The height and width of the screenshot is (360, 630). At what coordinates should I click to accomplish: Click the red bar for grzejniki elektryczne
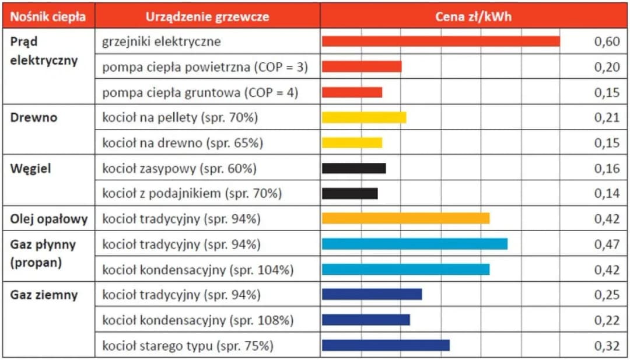(x=440, y=41)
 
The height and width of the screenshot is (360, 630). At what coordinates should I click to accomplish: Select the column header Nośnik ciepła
(x=48, y=16)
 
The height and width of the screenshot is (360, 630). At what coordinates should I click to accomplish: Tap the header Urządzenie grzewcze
(x=207, y=16)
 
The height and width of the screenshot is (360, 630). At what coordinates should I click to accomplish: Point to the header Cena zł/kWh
(x=473, y=16)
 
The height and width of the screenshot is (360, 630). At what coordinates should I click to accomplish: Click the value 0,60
(x=607, y=42)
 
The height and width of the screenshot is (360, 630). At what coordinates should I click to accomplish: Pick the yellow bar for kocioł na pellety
(x=364, y=117)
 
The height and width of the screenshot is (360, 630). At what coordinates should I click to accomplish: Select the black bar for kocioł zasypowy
(x=353, y=168)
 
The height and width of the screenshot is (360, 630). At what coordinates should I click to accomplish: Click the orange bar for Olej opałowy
(x=405, y=218)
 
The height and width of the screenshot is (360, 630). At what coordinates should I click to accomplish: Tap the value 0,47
(x=607, y=244)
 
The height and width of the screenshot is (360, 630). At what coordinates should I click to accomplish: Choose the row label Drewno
(x=34, y=117)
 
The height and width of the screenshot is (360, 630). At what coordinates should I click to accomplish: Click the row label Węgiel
(x=31, y=169)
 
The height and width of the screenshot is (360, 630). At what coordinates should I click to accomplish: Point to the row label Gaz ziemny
(x=44, y=295)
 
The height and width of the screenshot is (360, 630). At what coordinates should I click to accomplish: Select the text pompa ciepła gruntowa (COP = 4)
(x=200, y=93)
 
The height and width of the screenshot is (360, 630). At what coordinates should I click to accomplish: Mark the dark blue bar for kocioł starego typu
(x=386, y=345)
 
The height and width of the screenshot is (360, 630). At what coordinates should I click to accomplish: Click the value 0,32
(x=607, y=345)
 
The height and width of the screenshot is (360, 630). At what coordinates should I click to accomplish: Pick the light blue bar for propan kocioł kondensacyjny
(x=405, y=269)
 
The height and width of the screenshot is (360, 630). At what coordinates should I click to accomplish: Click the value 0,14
(x=607, y=194)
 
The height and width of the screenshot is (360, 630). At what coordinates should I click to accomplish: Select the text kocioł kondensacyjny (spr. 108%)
(x=198, y=320)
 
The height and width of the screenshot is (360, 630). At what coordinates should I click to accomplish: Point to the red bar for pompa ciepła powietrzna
(x=362, y=67)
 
